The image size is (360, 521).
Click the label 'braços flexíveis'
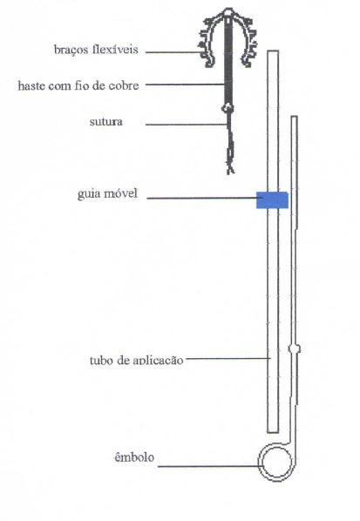[96, 50]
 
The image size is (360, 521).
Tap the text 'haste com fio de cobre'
[78, 85]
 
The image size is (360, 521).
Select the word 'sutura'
[106, 122]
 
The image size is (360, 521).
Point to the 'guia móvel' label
[107, 193]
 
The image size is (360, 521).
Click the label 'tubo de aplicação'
[136, 360]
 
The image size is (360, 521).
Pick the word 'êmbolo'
[134, 457]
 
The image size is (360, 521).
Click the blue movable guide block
[272, 200]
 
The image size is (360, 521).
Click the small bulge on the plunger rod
[295, 348]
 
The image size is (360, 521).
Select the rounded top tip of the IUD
[228, 13]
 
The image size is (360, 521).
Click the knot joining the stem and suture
[228, 108]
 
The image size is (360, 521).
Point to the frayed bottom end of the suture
[230, 169]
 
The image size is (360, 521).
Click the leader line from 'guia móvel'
[201, 199]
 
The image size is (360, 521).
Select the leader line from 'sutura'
[187, 125]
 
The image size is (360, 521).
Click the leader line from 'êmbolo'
[208, 466]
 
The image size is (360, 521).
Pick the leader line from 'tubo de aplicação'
[228, 358]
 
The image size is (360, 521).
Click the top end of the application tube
[273, 51]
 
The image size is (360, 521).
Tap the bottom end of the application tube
[273, 432]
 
